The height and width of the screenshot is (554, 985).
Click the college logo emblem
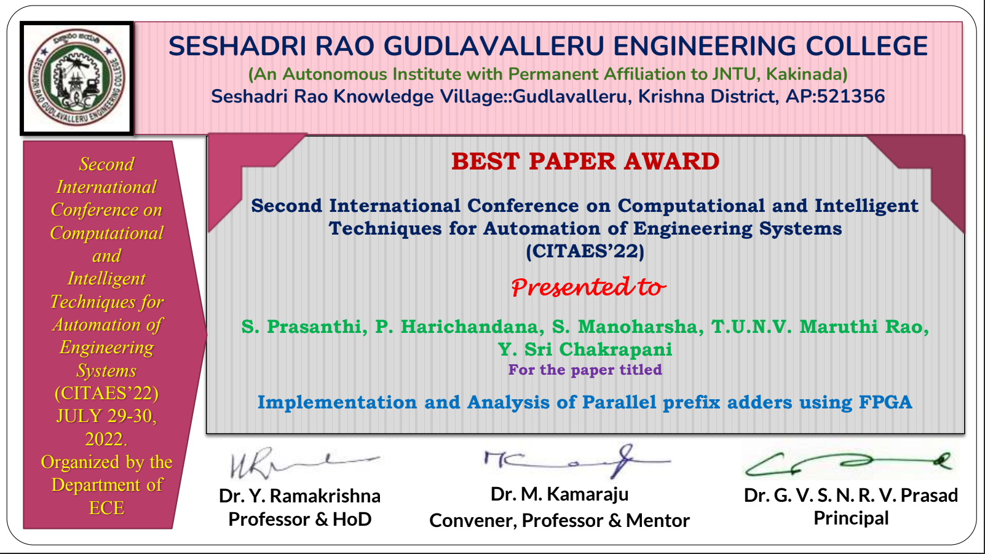coord(77,79)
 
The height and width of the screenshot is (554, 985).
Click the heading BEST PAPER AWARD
coord(585,162)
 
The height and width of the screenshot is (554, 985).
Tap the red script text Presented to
coord(588,287)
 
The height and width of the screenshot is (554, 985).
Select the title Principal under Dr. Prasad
coord(851,518)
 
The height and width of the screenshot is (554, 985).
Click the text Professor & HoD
coord(300,520)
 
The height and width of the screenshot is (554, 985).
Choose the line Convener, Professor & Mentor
coord(560,521)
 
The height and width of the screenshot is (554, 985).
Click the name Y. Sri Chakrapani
coord(585,349)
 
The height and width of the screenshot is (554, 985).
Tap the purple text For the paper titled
coord(585,370)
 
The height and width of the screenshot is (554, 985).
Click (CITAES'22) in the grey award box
coord(585,251)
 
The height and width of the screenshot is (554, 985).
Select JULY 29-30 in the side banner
coord(106,416)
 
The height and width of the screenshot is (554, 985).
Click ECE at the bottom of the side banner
coord(106,508)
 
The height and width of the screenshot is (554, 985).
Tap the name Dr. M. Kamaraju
coord(559,494)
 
